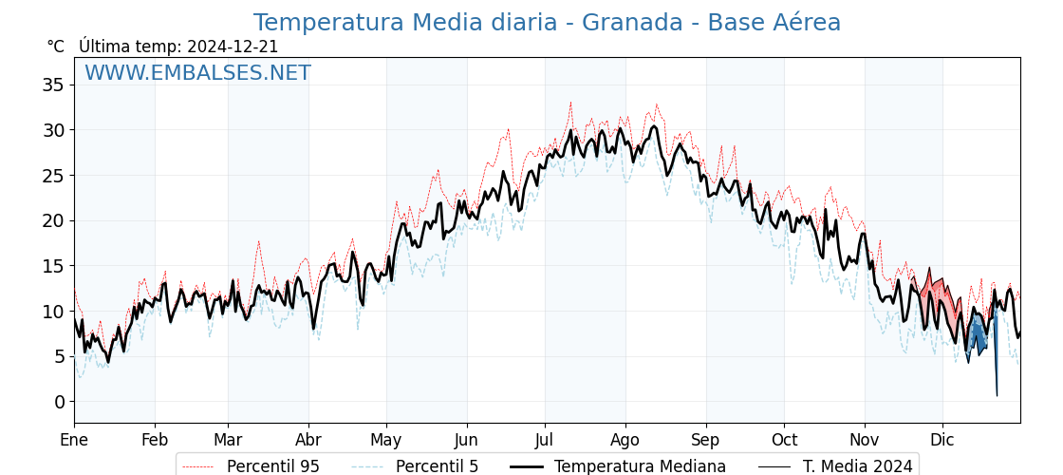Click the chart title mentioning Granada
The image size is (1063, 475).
click(x=547, y=23)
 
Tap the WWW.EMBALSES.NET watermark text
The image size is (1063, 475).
click(x=197, y=73)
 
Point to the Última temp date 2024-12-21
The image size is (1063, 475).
click(x=233, y=47)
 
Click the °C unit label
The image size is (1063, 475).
click(x=56, y=47)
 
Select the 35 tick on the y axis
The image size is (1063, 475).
click(x=53, y=85)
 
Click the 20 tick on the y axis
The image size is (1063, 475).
click(x=53, y=220)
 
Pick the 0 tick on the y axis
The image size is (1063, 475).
click(x=59, y=402)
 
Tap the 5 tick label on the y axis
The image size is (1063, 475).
click(x=59, y=356)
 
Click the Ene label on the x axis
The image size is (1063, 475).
click(x=74, y=440)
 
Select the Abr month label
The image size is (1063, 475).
click(x=308, y=440)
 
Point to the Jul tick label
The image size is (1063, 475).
click(x=545, y=440)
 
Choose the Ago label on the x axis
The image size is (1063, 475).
click(x=625, y=440)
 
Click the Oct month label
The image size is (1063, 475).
click(x=784, y=440)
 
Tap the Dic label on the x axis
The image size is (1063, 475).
click(x=942, y=440)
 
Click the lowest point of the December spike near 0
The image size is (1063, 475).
click(x=997, y=395)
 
